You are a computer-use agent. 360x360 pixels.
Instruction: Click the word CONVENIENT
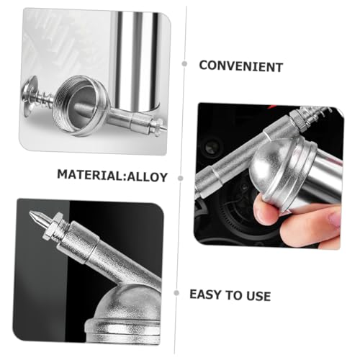(x=240, y=66)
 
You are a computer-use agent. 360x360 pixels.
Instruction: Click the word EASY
(x=205, y=295)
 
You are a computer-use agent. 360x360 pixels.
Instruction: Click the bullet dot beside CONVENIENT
(x=184, y=64)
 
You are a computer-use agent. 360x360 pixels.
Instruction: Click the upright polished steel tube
(x=137, y=58)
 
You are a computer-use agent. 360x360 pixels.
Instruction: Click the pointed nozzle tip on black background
(x=37, y=217)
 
